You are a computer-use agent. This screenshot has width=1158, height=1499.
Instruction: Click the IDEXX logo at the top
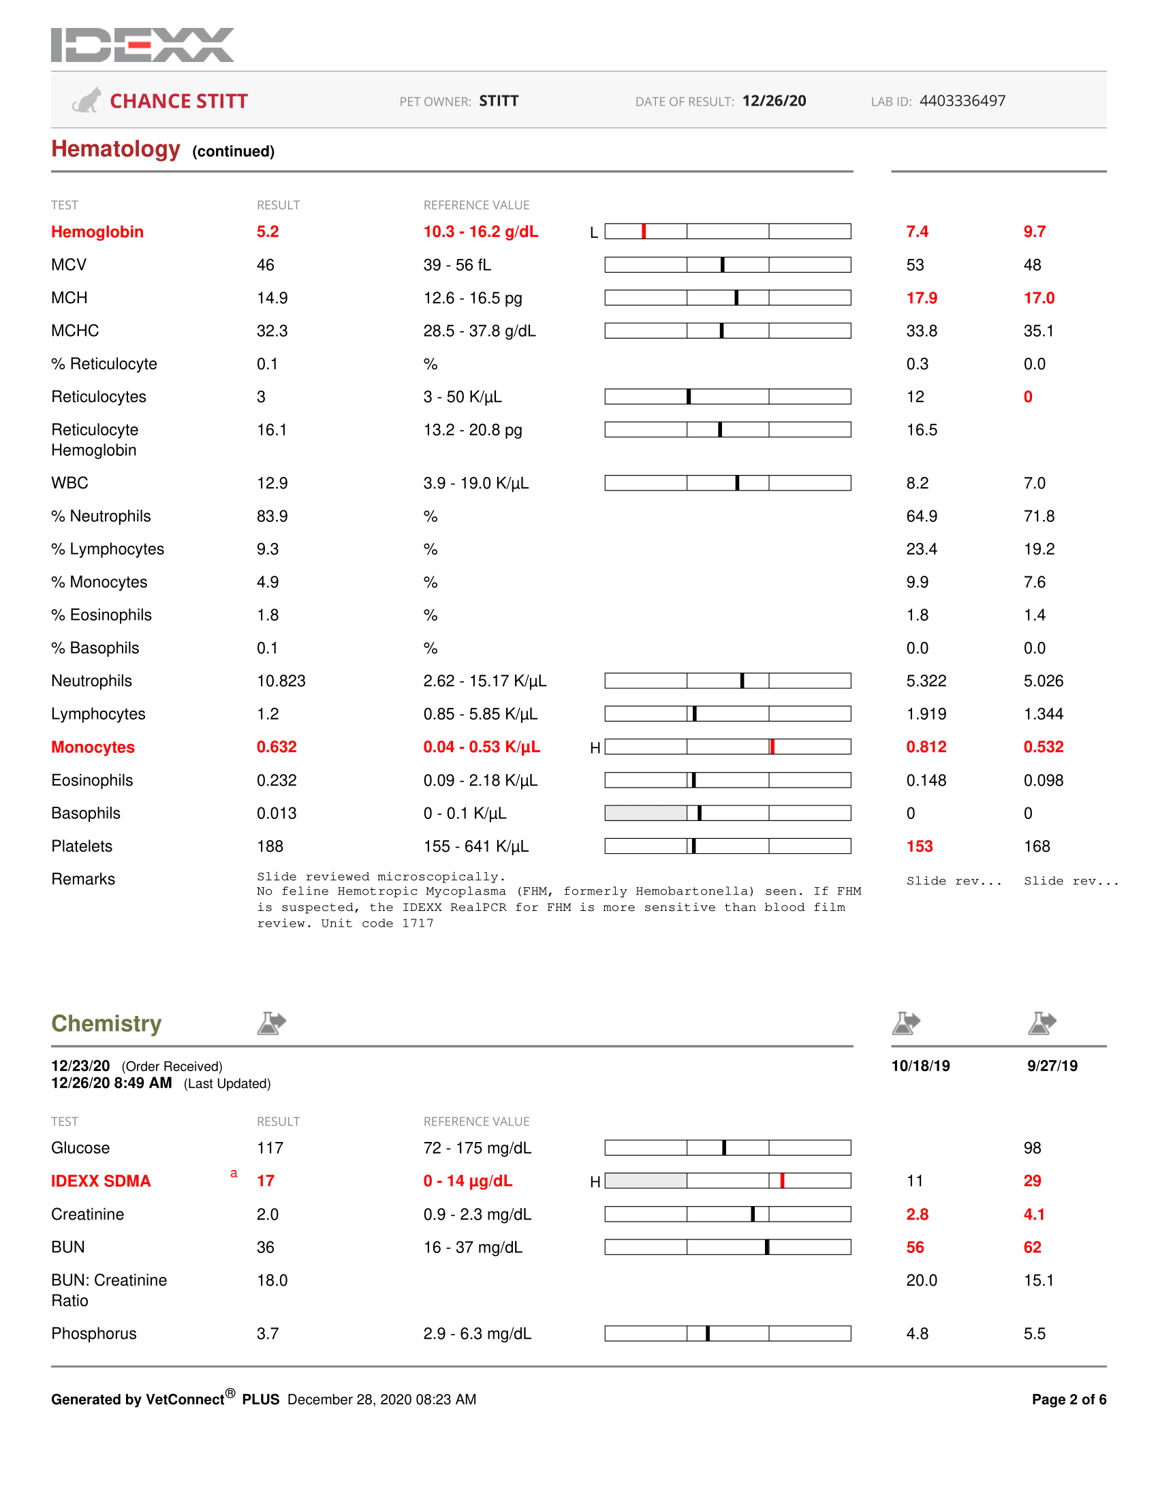pos(142,45)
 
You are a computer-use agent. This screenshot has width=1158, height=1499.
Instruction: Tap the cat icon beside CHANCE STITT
pos(87,101)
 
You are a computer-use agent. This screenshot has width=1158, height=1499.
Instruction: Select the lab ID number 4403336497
pos(962,101)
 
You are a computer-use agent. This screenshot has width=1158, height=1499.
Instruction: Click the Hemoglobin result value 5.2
pos(268,232)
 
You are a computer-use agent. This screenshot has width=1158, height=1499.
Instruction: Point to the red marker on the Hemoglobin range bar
pos(644,231)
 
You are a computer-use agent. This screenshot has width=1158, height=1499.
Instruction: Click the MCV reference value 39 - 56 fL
pos(457,265)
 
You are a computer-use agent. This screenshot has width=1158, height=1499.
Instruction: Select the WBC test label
pos(69,483)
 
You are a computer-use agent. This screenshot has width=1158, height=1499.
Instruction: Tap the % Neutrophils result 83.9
pos(272,516)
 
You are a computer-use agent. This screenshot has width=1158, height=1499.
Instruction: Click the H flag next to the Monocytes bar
pos(595,748)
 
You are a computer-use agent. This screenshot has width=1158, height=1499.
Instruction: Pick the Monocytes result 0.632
pos(277,747)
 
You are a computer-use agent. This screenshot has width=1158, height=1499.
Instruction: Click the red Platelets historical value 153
pos(920,846)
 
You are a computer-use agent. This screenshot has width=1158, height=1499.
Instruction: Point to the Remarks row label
pos(83,879)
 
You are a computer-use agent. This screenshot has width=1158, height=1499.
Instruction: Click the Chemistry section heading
pos(106,1023)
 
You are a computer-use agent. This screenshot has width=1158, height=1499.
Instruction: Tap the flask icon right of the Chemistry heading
pos(272,1023)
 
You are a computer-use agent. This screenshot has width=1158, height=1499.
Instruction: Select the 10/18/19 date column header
pos(920,1066)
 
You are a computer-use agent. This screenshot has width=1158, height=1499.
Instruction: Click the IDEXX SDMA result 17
pos(266,1181)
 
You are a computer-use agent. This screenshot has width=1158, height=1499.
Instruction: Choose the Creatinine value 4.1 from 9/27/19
pos(1034,1214)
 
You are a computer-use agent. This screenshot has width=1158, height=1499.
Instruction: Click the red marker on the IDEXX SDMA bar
pos(782,1181)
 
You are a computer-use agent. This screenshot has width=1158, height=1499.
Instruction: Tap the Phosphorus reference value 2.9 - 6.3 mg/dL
pos(477,1333)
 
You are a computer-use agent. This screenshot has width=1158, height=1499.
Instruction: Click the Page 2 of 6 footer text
pos(1068,1400)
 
